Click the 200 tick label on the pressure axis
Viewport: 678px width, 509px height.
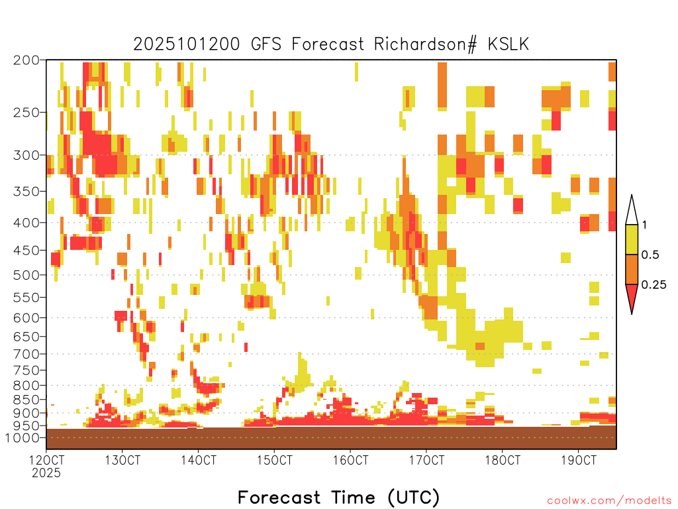(x=26, y=60)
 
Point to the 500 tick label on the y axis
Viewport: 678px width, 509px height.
(x=26, y=275)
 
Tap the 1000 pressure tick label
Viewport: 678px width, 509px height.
(x=23, y=438)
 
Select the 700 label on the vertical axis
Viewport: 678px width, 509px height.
(x=26, y=355)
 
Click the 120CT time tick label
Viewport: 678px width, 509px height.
(x=46, y=460)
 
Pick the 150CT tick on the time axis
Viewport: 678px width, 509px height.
(x=274, y=460)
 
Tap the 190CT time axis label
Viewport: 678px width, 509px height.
(x=579, y=460)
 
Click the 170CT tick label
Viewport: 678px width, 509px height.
(x=426, y=460)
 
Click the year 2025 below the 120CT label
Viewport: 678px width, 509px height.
(x=46, y=473)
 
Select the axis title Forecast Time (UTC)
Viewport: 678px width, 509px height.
(x=338, y=497)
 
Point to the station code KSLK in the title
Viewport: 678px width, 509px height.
(x=508, y=44)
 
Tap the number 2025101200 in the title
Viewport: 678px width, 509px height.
(x=186, y=44)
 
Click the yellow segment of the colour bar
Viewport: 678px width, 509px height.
(x=632, y=239)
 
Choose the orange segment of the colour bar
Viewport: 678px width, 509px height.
(x=632, y=269)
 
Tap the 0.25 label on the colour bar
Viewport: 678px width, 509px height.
(x=654, y=285)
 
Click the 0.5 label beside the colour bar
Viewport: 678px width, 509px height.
(x=650, y=255)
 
